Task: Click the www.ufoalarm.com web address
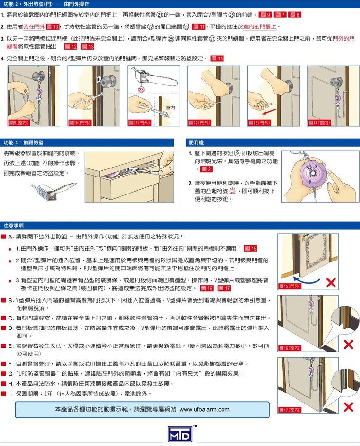(x=204, y=409)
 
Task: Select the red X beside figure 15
(x=331, y=282)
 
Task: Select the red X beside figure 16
(x=348, y=345)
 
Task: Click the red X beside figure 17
(x=348, y=407)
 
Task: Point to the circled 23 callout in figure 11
(x=141, y=89)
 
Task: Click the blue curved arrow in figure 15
(x=307, y=279)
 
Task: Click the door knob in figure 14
(x=336, y=82)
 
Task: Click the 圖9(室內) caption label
(x=19, y=123)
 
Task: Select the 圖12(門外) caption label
(x=200, y=123)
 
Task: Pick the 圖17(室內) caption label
(x=290, y=410)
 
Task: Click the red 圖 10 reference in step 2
(x=52, y=27)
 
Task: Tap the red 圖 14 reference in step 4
(x=217, y=59)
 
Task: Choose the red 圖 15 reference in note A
(x=251, y=248)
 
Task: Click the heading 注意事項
(x=13, y=226)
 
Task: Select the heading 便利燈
(x=196, y=143)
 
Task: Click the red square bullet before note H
(x=3, y=383)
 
